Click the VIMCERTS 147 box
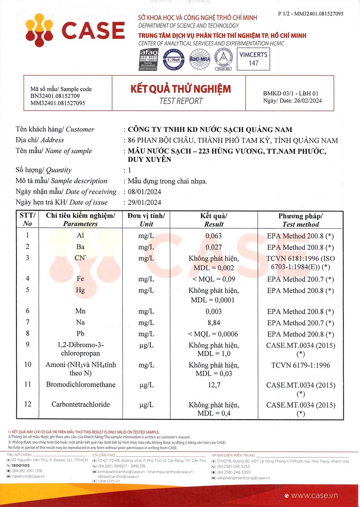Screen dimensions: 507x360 [253, 59]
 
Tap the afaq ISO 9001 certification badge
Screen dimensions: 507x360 [149, 59]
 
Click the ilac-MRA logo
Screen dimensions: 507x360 [200, 59]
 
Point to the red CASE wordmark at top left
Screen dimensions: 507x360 [93, 31]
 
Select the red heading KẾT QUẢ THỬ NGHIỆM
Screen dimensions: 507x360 [181, 89]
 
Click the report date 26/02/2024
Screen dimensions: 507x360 [308, 101]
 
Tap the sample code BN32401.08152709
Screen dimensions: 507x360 [55, 96]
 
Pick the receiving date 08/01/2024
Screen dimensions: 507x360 [144, 192]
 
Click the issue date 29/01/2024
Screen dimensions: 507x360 [144, 202]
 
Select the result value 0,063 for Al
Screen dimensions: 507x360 [214, 236]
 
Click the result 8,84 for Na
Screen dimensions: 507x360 [214, 323]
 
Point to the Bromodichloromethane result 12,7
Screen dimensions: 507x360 [214, 385]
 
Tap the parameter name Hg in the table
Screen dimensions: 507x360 [80, 290]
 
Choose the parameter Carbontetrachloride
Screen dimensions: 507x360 [80, 405]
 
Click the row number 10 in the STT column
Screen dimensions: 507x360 [28, 364]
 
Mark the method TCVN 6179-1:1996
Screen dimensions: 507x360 [301, 365]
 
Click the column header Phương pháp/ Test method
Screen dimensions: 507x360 [301, 220]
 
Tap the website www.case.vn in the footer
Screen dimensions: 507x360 [314, 496]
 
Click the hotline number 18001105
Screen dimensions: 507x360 [21, 465]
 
